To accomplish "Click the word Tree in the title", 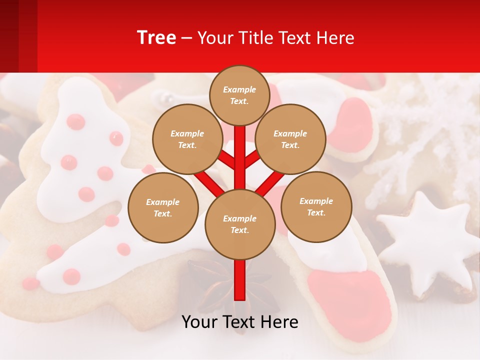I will [156, 37].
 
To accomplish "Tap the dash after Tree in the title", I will [186, 38].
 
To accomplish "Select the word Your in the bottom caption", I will [200, 322].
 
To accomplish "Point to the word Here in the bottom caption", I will [279, 322].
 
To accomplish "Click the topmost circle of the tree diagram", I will [239, 95].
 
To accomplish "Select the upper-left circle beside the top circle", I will [187, 139].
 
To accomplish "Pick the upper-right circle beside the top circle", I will [290, 139].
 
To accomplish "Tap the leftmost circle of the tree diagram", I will [163, 207].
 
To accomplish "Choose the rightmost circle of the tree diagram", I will [316, 206].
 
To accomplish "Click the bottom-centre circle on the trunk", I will [240, 224].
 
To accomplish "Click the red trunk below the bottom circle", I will [240, 280].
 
